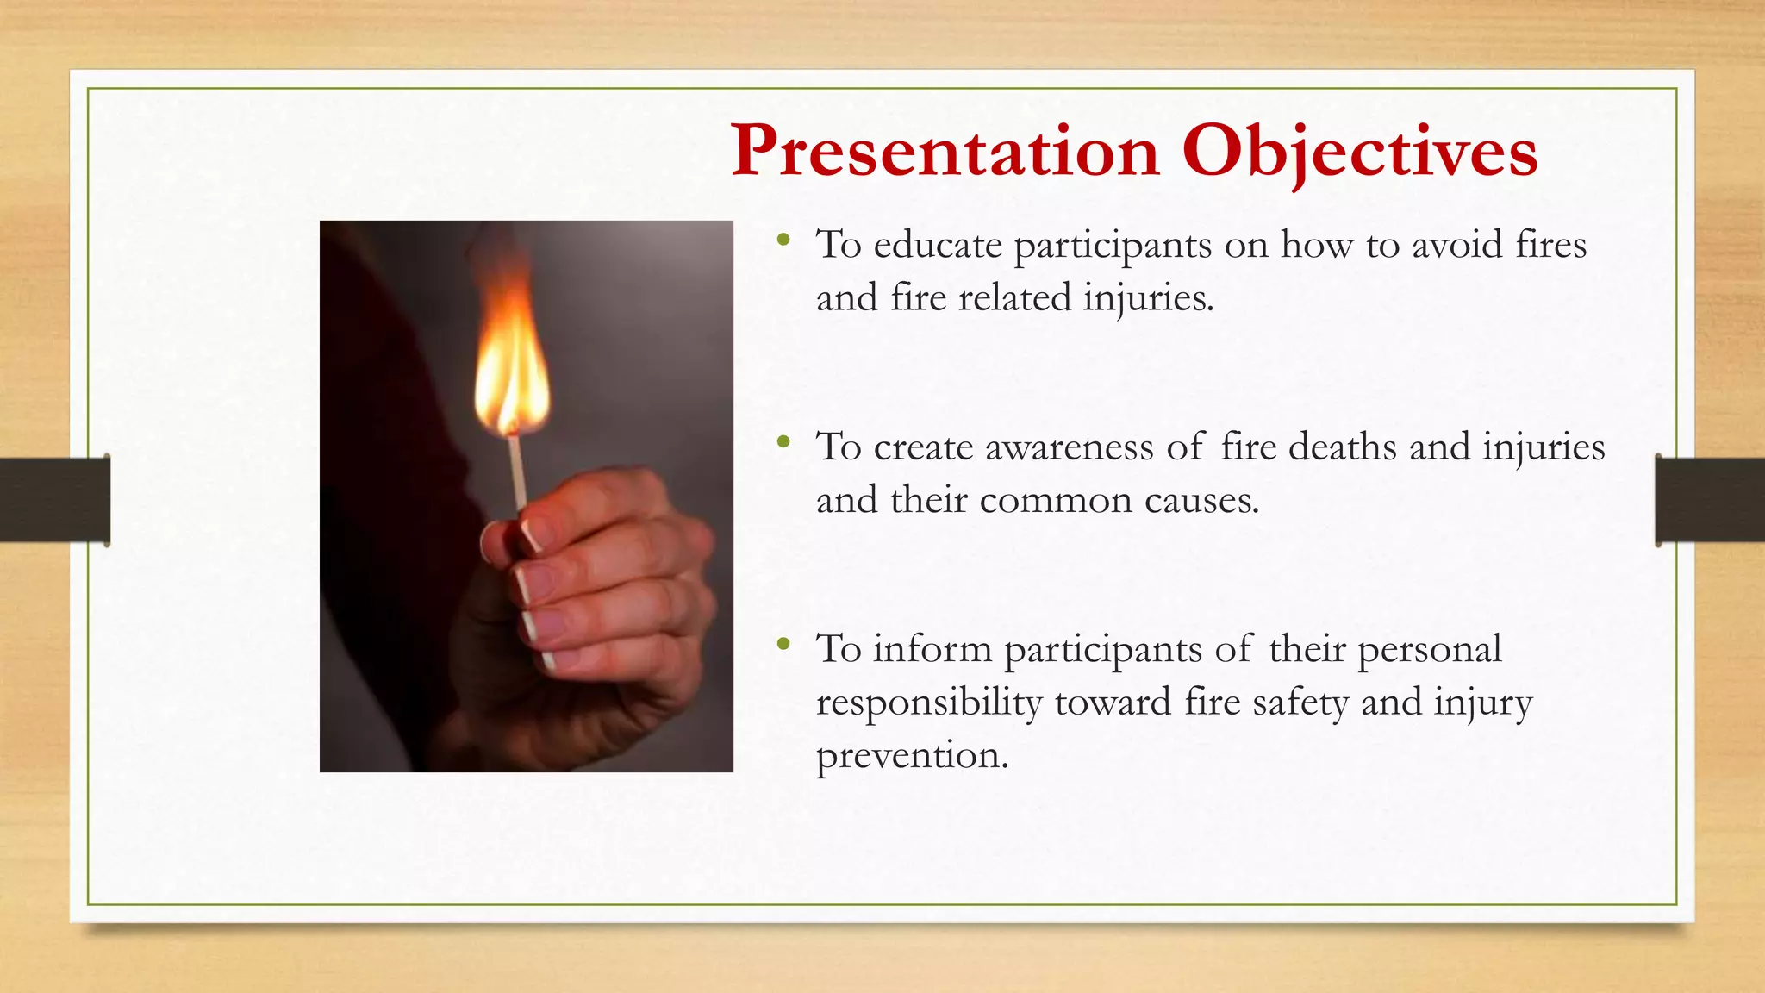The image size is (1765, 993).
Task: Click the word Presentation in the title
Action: pos(945,152)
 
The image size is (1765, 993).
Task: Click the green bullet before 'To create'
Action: pos(783,443)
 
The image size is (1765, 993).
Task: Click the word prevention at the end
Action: pos(911,756)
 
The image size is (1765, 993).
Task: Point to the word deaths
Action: pos(1342,447)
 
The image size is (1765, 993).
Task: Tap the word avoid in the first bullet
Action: pos(1456,246)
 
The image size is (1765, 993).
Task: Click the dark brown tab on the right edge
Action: pos(1710,500)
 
